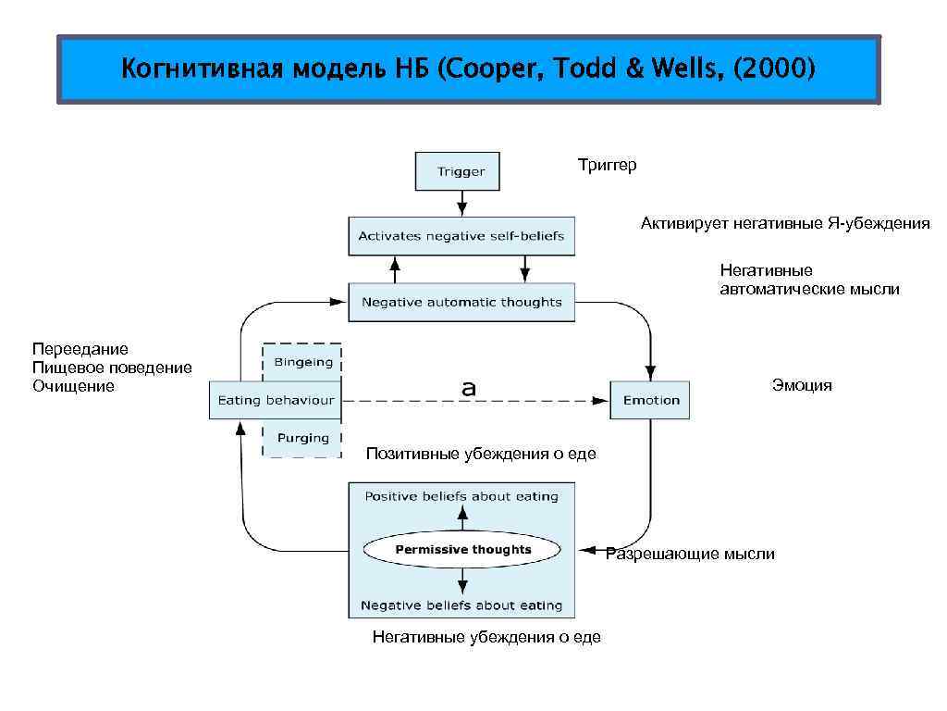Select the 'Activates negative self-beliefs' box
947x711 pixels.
click(x=461, y=236)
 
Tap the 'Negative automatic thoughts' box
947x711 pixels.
click(x=461, y=302)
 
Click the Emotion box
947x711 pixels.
click(x=650, y=400)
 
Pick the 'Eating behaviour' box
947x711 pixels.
click(x=275, y=400)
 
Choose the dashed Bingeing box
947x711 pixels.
click(x=302, y=362)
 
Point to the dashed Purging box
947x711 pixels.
click(x=302, y=438)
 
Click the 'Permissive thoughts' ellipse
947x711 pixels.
click(x=462, y=550)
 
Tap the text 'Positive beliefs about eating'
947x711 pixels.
click(x=461, y=496)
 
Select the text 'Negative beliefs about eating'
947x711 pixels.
click(x=461, y=605)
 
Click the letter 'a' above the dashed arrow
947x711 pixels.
click(x=469, y=389)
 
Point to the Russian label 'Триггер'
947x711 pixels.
click(x=607, y=165)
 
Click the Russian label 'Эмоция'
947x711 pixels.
click(x=802, y=385)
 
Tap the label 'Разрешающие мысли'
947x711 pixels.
click(x=690, y=554)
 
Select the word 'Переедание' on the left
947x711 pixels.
click(x=80, y=349)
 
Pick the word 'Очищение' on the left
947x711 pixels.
click(x=74, y=386)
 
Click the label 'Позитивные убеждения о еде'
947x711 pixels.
click(x=481, y=454)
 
